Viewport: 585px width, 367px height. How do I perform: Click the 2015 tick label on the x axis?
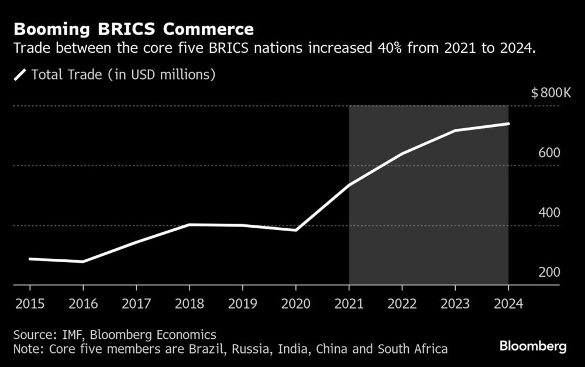(x=29, y=304)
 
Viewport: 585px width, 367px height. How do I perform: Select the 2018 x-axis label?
(x=189, y=304)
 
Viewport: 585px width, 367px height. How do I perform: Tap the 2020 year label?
(x=295, y=304)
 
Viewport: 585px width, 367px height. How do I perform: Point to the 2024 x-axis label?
(x=508, y=304)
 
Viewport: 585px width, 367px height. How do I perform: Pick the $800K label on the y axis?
(x=550, y=92)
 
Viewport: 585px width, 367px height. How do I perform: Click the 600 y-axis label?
(x=550, y=153)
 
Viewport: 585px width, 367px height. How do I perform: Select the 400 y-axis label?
(x=550, y=212)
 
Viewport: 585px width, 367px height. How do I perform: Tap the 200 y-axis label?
(x=550, y=272)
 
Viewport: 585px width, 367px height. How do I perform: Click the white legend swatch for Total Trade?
(x=20, y=74)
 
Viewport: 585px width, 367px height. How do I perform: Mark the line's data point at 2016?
(x=83, y=262)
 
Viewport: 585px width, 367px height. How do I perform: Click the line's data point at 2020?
(x=296, y=230)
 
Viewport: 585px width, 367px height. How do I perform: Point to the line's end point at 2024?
(x=508, y=124)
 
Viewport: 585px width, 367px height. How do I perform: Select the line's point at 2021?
(x=349, y=185)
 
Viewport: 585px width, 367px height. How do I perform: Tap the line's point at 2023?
(x=455, y=130)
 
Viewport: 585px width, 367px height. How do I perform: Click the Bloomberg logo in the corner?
(x=533, y=347)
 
